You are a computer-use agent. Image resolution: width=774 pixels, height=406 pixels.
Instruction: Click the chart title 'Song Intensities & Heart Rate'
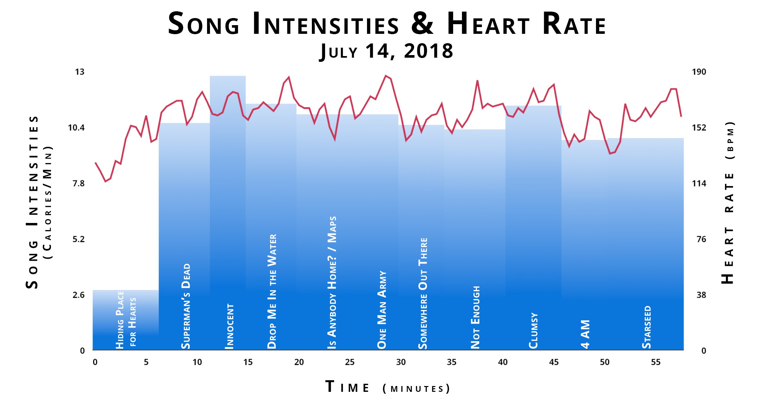[387, 24]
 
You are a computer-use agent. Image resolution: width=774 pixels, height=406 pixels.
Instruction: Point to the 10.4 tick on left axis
[76, 128]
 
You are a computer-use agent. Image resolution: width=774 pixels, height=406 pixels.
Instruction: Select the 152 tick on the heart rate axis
[699, 128]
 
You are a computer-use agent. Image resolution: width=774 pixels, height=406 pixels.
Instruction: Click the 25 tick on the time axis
[350, 362]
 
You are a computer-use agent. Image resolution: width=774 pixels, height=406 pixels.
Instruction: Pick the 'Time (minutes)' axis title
[387, 387]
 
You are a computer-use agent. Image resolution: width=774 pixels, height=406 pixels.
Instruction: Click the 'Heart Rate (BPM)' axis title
[728, 203]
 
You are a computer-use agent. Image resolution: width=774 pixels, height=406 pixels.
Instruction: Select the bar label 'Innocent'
[229, 326]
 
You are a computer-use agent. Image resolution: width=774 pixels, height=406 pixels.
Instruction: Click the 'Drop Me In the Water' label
[272, 292]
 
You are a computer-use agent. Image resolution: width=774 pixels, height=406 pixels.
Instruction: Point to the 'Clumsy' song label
[533, 331]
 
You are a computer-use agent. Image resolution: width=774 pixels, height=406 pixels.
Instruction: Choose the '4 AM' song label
[585, 334]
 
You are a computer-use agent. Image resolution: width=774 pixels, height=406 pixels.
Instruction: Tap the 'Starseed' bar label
[647, 327]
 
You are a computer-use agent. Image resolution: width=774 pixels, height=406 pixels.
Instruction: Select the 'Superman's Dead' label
[186, 306]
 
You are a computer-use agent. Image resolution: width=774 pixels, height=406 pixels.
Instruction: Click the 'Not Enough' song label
[475, 317]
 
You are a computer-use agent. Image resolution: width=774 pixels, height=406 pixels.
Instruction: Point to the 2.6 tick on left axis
[78, 295]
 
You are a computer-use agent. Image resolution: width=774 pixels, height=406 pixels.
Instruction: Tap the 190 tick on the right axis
[699, 72]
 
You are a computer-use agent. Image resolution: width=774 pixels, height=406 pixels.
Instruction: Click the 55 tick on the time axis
[655, 362]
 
